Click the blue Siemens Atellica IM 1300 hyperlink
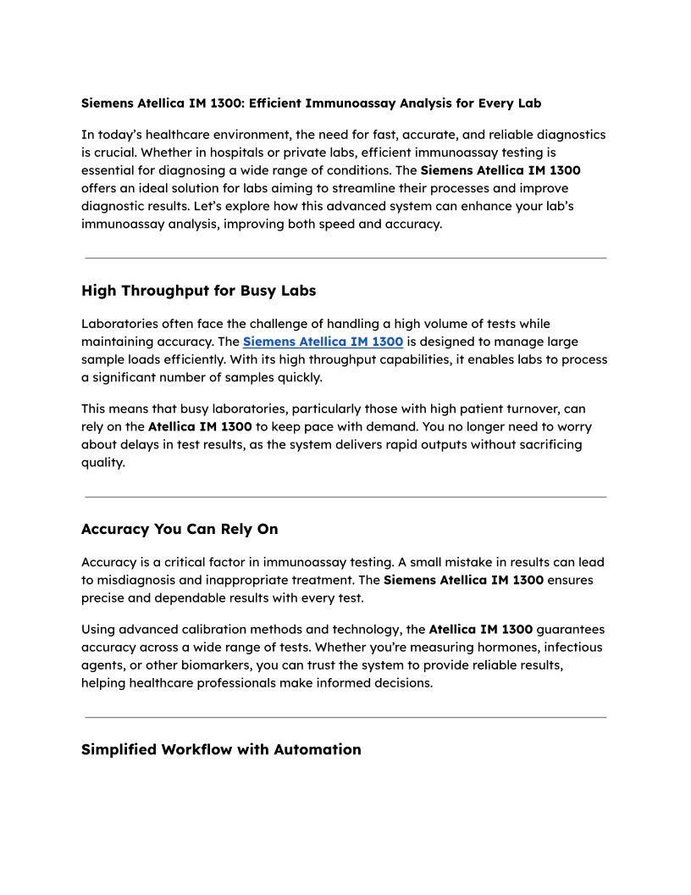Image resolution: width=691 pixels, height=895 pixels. pos(323,342)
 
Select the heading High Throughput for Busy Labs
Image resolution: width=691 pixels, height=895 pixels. pos(198,291)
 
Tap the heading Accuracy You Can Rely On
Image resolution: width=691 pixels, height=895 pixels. pos(180,529)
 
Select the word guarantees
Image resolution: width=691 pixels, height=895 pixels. pos(571,630)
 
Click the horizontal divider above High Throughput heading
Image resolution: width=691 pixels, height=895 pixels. pos(345,258)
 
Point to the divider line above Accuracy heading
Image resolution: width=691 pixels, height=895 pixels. pos(345,497)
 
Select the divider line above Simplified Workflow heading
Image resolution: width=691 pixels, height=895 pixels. pos(345,717)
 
